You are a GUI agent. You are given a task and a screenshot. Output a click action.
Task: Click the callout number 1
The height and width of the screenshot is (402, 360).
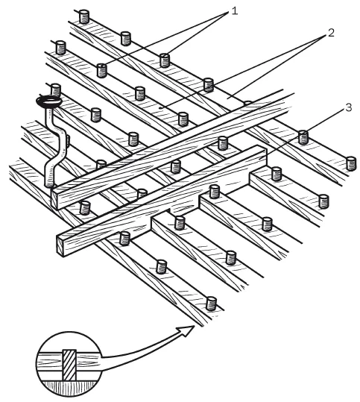click(x=234, y=11)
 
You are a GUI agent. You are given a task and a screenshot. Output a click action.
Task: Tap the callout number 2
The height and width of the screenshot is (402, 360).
click(x=331, y=33)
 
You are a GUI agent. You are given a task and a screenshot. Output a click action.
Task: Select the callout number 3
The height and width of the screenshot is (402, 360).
click(x=349, y=107)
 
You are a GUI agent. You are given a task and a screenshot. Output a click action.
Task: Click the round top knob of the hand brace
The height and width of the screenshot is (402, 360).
click(x=49, y=101)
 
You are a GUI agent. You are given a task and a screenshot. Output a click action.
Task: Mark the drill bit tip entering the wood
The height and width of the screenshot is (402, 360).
click(x=49, y=184)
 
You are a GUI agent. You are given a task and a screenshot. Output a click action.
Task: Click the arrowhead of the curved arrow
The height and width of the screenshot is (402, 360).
click(x=186, y=330)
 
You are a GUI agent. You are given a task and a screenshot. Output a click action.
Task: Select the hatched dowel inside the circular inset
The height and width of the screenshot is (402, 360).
click(x=69, y=365)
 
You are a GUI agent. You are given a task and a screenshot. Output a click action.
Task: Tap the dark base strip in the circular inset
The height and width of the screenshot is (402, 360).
click(x=69, y=386)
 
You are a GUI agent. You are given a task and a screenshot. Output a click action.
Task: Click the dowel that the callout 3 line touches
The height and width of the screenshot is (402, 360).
click(x=303, y=137)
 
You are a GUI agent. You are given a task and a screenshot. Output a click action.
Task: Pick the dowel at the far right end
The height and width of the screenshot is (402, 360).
click(x=351, y=163)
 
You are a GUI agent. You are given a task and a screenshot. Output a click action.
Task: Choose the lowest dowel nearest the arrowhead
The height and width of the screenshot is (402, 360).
click(x=212, y=304)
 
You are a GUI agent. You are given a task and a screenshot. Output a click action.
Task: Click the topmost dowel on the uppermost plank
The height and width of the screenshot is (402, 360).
click(x=84, y=16)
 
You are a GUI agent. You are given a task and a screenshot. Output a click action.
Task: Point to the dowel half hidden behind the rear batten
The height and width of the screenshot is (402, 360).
click(x=247, y=104)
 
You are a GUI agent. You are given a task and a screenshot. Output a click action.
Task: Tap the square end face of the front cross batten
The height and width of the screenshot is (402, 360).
click(x=60, y=246)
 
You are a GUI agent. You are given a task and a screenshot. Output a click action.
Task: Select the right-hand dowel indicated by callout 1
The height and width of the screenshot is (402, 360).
click(x=165, y=60)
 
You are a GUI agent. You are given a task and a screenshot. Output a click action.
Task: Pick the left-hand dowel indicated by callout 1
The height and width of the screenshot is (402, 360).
click(x=101, y=71)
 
